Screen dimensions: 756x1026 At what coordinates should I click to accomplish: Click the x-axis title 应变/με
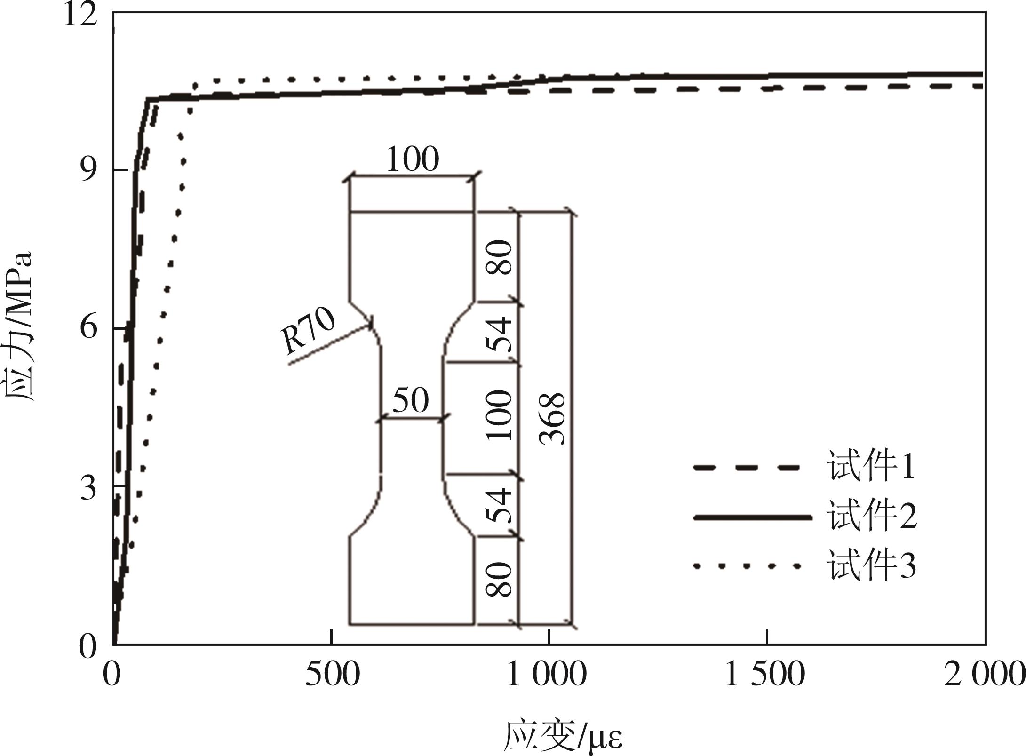tap(563, 737)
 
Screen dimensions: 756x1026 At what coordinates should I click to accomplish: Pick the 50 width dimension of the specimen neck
tap(411, 401)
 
